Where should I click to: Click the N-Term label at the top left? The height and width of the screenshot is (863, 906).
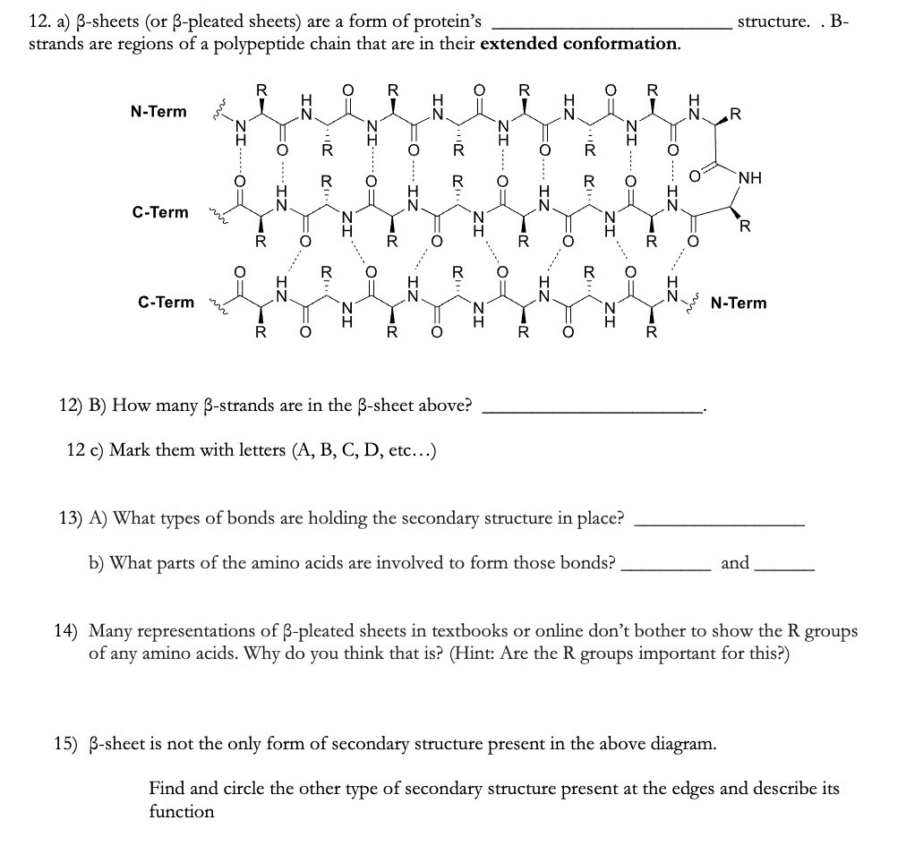(158, 112)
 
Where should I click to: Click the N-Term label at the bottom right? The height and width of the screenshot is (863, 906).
(738, 303)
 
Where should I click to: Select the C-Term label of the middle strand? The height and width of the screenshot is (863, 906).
(160, 212)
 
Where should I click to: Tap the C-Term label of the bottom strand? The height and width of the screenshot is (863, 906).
(166, 302)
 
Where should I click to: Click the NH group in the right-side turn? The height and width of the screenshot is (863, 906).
(751, 178)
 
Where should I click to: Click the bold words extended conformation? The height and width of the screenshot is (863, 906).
(579, 43)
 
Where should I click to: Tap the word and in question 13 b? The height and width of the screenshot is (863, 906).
(735, 563)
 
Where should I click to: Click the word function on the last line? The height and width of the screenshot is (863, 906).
(182, 812)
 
